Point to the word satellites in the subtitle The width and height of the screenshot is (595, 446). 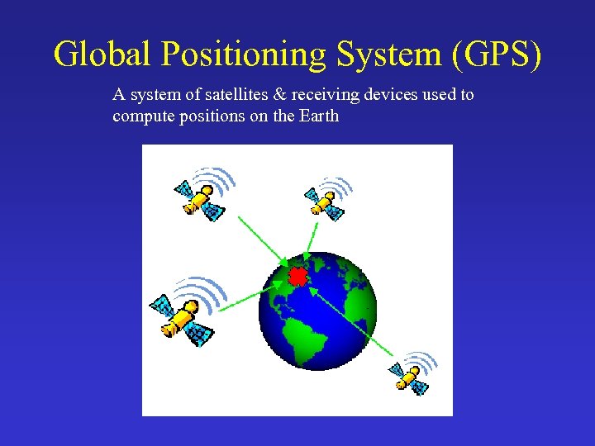(x=215, y=95)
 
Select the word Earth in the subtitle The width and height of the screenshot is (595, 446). (x=319, y=116)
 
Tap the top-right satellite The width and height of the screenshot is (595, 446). (x=324, y=202)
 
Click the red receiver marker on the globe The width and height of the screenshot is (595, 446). (x=297, y=274)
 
